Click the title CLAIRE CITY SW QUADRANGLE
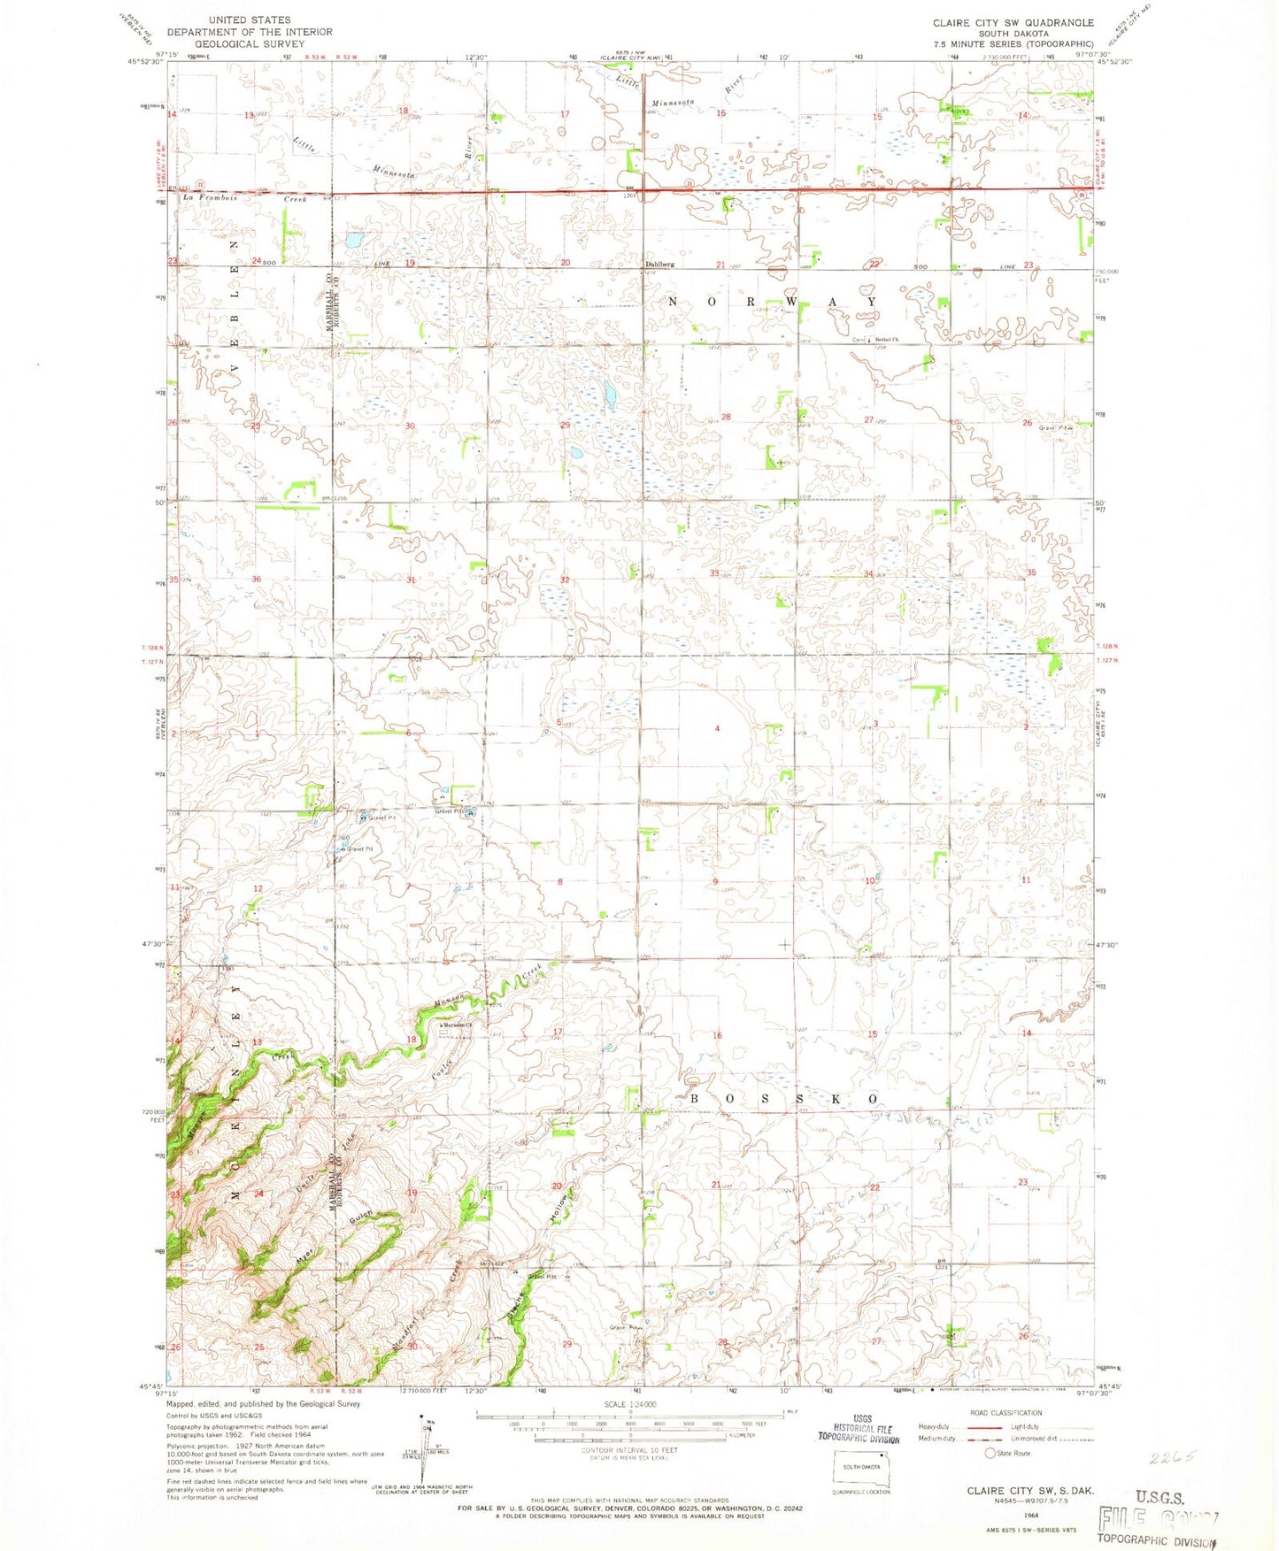[x=1013, y=23]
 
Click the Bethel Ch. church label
[x=886, y=340]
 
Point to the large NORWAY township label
[x=772, y=302]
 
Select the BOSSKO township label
[x=784, y=1098]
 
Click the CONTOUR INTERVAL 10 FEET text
[x=629, y=1450]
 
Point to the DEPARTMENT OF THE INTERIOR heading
[x=237, y=32]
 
